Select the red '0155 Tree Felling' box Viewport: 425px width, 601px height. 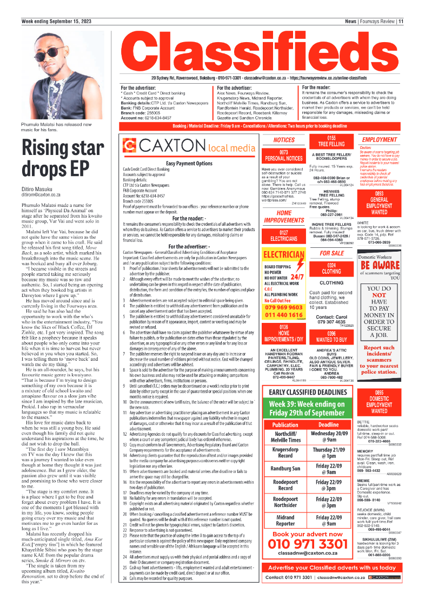pyautogui.click(x=331, y=141)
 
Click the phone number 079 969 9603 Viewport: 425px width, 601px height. pyautogui.click(x=284, y=307)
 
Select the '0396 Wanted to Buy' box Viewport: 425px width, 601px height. pyautogui.click(x=331, y=336)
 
